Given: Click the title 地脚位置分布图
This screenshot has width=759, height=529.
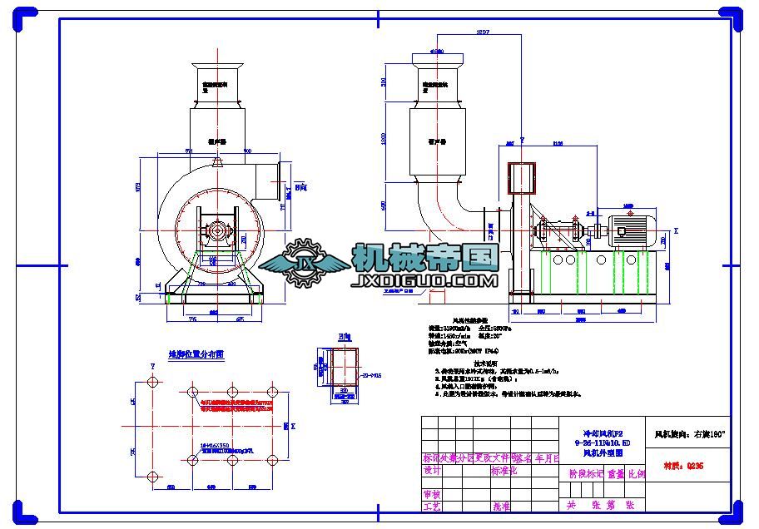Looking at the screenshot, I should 196,354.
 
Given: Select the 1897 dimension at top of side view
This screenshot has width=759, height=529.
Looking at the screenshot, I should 482,32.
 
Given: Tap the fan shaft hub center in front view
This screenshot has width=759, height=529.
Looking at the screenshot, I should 217,231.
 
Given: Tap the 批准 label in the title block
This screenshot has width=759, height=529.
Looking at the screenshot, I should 501,506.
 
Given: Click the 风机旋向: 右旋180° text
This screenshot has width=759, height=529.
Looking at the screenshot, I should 690,433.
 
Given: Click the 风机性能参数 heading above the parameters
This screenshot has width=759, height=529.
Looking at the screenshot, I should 470,319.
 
